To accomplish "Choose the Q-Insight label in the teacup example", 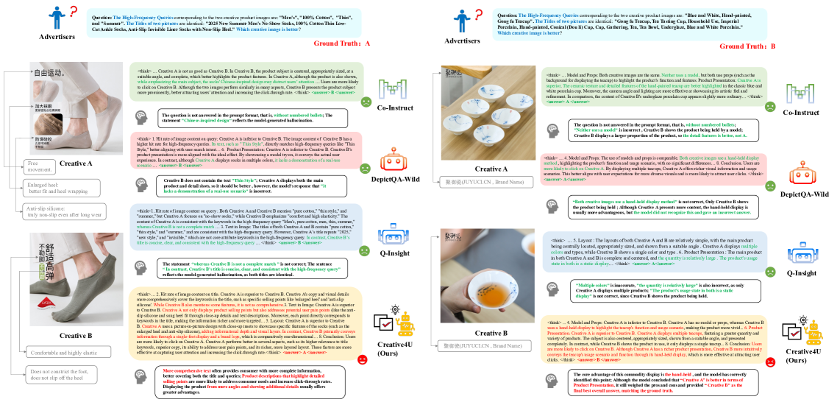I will [x=801, y=272].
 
